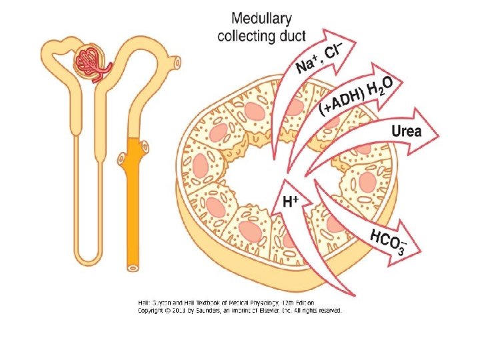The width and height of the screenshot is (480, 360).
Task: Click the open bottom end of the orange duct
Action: coord(133,268)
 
